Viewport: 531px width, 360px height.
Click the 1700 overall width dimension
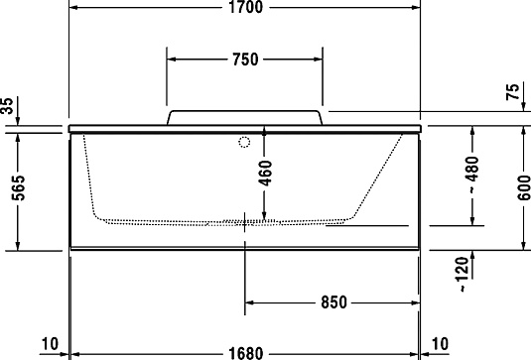[x=244, y=9]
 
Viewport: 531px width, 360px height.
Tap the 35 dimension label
[x=9, y=106]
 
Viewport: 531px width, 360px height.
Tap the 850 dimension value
[x=332, y=302]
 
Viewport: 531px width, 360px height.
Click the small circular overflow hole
[x=242, y=142]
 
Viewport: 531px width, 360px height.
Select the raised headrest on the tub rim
[x=244, y=117]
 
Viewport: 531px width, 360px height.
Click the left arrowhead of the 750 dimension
[x=171, y=59]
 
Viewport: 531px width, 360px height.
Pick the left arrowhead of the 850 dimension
[x=249, y=302]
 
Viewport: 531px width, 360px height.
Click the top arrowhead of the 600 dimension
[x=523, y=131]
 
